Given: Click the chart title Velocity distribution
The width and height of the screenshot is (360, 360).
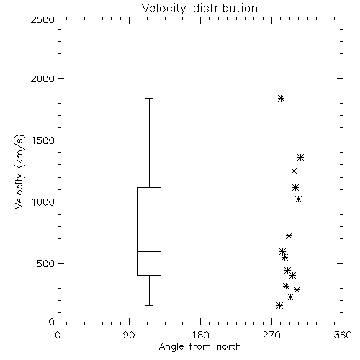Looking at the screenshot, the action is click(x=199, y=8).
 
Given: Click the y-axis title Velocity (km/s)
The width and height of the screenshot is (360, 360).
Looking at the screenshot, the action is click(x=19, y=171).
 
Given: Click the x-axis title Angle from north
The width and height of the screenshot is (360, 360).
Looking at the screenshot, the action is click(x=199, y=347).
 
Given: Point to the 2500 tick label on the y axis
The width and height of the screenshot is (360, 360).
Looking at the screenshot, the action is click(x=42, y=19).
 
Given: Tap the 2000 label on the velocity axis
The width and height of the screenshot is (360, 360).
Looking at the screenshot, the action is click(x=42, y=78).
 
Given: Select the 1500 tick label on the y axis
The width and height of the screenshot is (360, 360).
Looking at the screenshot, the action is click(x=43, y=140).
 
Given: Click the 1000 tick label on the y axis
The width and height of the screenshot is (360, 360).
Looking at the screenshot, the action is click(x=43, y=202).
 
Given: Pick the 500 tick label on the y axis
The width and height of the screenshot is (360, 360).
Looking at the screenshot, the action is click(x=46, y=264).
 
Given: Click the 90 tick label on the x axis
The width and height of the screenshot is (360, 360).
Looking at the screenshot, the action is click(x=129, y=335).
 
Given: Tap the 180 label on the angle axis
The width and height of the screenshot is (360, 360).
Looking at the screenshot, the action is click(x=200, y=335).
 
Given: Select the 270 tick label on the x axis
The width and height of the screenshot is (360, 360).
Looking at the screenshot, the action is click(x=271, y=335).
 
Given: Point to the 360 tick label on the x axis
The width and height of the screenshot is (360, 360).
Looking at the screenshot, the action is click(x=343, y=335).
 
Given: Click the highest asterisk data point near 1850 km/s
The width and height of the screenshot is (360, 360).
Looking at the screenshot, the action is click(x=282, y=98).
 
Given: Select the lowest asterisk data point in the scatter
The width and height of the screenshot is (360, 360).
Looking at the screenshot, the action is click(x=279, y=305).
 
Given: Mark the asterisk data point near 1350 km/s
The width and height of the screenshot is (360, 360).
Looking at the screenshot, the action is click(x=301, y=158).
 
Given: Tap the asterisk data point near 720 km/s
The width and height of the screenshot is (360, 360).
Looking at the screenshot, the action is click(x=289, y=235).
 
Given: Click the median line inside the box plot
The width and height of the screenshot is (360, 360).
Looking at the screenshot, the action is click(x=149, y=251).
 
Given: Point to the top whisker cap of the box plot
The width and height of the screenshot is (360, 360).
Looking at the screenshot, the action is click(x=149, y=98).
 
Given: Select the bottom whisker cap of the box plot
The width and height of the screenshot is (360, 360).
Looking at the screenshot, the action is click(x=149, y=305).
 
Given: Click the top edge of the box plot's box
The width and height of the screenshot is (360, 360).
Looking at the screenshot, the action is click(x=149, y=187).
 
